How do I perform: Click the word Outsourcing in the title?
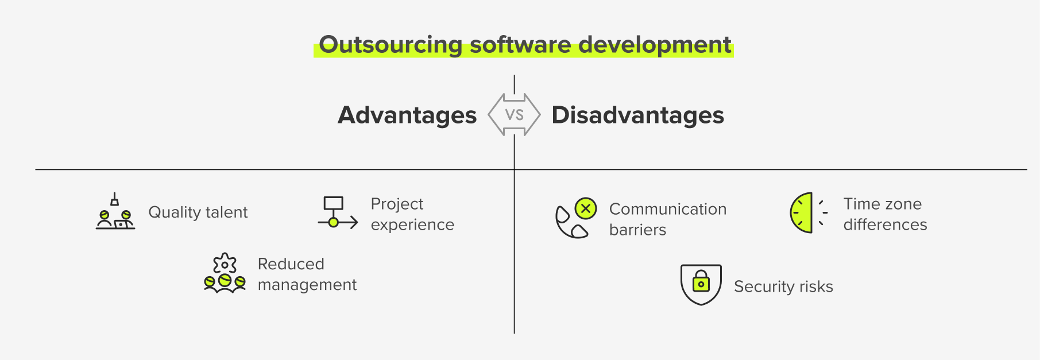[x=391, y=45]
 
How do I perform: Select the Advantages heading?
[x=407, y=115]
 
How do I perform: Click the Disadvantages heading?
[x=637, y=115]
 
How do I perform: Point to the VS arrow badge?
[x=514, y=115]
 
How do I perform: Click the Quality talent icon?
[x=115, y=212]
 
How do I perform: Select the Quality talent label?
[x=198, y=212]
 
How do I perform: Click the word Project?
[x=397, y=204]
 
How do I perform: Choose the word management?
[x=307, y=285]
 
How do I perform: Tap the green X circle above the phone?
[x=586, y=208]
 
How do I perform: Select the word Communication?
[x=668, y=209]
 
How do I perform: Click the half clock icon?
[x=802, y=212]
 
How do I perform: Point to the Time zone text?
[x=882, y=204]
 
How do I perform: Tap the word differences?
[x=885, y=224]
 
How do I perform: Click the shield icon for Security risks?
[x=701, y=284]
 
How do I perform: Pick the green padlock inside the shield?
[x=701, y=282]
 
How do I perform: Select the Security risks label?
[x=783, y=287]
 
